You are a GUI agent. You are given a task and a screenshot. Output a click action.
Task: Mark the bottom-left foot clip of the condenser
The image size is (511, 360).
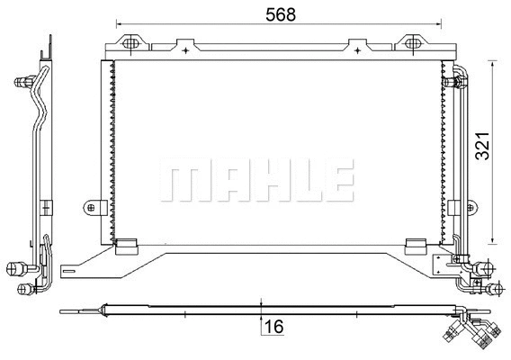pos(128,244)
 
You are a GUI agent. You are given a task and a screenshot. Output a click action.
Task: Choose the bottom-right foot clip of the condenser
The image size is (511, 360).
pos(415,244)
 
